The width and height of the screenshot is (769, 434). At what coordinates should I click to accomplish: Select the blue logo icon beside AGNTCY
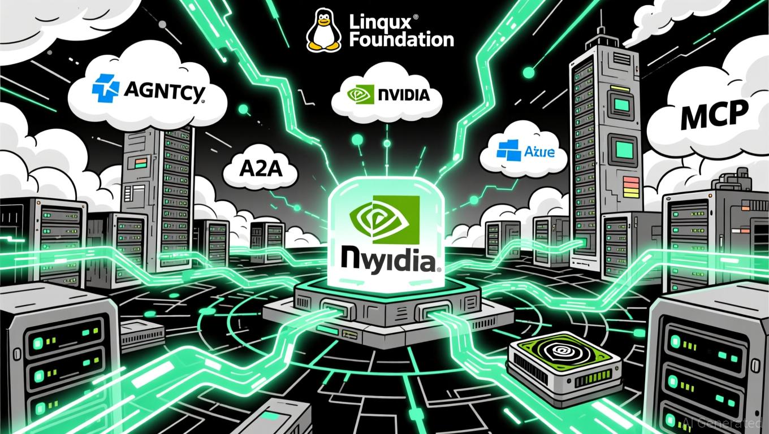(x=106, y=90)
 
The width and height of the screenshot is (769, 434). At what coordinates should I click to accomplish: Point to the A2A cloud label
(x=260, y=168)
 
